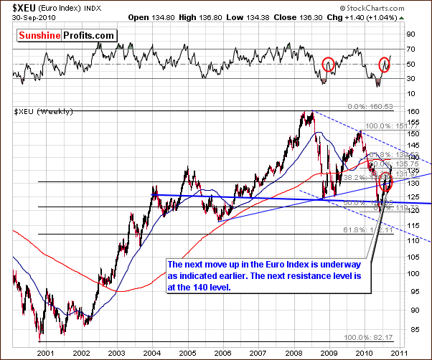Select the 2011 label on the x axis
tap(400, 352)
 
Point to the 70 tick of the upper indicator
tap(410, 49)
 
